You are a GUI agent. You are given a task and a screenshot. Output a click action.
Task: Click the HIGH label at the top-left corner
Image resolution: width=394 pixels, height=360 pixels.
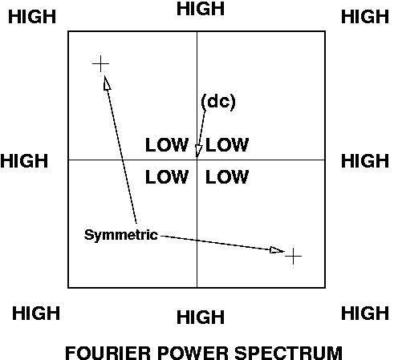coord(32,17)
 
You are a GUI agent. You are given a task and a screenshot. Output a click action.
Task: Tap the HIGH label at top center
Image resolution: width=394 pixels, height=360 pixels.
coord(201,9)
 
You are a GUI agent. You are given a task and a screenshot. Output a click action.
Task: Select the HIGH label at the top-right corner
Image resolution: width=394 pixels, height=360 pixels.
coord(365,17)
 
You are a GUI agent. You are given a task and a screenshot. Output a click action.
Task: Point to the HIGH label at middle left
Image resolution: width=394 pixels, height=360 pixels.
coord(24,161)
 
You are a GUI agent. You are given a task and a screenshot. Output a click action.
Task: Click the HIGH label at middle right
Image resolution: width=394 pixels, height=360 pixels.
coord(365,161)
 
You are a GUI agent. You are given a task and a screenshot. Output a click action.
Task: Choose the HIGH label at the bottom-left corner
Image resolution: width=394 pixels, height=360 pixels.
coord(36,313)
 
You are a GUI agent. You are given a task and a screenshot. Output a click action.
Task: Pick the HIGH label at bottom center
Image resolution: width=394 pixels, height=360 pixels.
coord(201,318)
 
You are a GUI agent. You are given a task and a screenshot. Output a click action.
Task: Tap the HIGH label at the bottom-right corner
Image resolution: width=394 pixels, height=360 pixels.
coord(365,313)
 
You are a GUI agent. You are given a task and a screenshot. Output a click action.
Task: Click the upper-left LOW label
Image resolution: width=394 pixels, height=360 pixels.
coord(167,145)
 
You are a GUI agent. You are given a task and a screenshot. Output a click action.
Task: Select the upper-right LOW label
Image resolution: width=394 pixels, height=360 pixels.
coord(227,145)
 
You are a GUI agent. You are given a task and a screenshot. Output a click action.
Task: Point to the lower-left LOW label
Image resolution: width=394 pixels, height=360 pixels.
coord(167,176)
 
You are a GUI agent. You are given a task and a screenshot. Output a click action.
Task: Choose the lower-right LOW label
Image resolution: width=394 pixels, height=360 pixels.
coord(227,176)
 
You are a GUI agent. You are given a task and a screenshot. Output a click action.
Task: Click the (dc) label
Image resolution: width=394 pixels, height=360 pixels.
coord(218,102)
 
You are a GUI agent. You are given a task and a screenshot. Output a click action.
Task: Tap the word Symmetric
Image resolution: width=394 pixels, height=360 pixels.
coord(121,235)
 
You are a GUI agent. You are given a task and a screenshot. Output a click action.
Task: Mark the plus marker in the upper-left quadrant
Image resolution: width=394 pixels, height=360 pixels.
coord(100,64)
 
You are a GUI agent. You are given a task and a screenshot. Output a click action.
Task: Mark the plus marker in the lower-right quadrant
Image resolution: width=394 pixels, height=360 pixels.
coord(293,256)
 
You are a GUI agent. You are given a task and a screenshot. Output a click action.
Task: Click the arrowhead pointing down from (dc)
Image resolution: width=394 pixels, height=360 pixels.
coord(198,152)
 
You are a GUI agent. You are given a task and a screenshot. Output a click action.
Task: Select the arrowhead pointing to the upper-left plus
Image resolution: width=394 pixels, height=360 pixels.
coord(107,83)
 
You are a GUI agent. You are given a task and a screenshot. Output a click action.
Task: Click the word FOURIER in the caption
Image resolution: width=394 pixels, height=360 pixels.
coord(108,353)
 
